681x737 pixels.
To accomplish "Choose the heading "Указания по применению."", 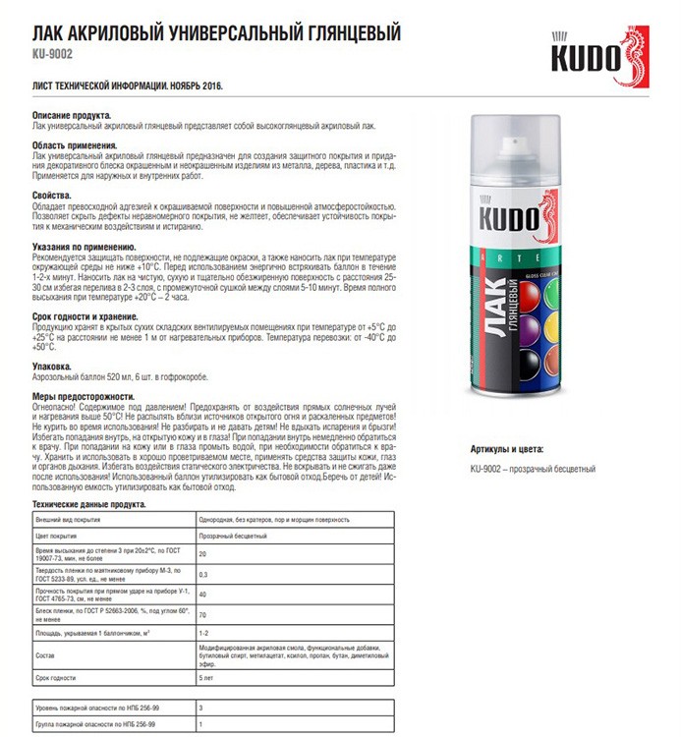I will (84, 246).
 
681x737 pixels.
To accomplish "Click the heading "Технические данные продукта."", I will (89, 504).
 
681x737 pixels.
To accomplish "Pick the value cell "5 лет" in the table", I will (205, 679).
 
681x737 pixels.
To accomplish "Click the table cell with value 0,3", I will (203, 574).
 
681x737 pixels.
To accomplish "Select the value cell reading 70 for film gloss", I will (202, 615).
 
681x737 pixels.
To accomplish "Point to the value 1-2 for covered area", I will (204, 634).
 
